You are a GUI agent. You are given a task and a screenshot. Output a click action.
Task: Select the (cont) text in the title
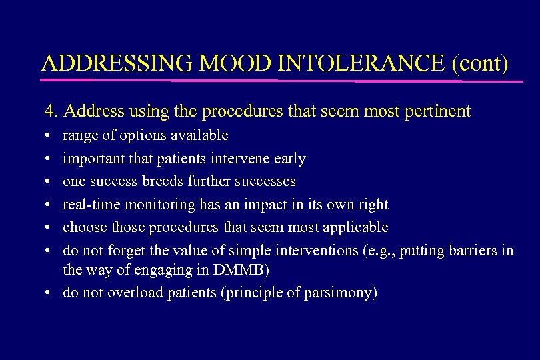pos(481,63)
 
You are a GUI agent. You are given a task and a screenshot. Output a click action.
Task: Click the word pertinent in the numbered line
pos(437,111)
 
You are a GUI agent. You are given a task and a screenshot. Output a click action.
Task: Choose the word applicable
pos(355,227)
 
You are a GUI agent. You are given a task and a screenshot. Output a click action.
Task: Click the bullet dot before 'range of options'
pos(51,136)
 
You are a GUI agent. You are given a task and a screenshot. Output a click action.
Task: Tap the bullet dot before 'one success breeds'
pos(51,182)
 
